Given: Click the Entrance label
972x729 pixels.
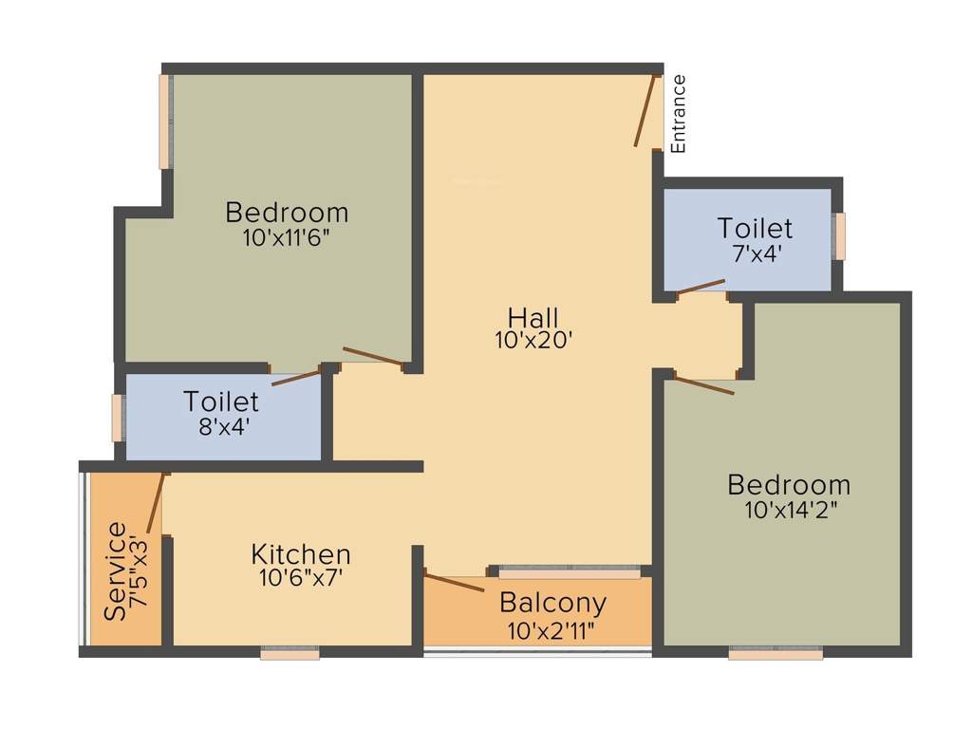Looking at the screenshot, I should [678, 113].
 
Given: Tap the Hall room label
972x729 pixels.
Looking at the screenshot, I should [533, 316].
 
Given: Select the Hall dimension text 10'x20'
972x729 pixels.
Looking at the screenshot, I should [533, 340].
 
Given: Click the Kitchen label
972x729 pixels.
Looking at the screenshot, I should [301, 553].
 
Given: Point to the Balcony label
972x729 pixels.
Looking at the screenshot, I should [552, 603].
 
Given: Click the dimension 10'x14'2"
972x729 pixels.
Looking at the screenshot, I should [789, 509].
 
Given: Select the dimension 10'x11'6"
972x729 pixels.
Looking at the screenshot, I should [286, 235].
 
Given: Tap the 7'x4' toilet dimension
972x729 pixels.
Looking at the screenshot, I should [755, 253].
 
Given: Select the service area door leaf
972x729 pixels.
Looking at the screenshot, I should [156, 503].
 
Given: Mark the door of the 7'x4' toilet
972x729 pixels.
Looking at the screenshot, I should [701, 286].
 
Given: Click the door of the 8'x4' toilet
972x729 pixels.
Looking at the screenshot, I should [295, 377].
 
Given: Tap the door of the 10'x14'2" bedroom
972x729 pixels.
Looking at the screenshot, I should [703, 385].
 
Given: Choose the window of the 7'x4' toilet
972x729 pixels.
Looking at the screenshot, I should [839, 235].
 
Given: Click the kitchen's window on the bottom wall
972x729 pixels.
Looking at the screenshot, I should [290, 653].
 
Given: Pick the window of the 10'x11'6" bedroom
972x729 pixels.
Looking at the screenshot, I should [164, 121].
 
